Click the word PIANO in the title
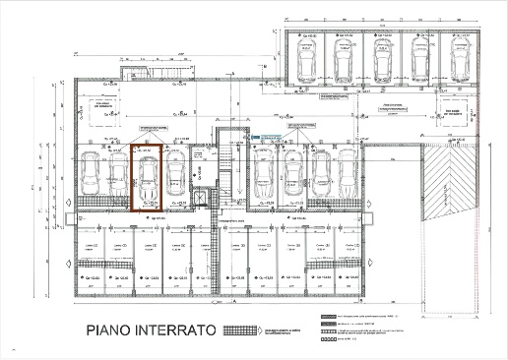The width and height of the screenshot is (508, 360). point(113,330)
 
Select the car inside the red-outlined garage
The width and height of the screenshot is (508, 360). point(146,178)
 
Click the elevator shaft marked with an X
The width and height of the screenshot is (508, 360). point(203,197)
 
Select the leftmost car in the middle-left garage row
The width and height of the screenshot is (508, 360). point(89,178)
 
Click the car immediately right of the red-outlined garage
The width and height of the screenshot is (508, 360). point(174,178)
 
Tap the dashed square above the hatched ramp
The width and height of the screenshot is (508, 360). point(453,112)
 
